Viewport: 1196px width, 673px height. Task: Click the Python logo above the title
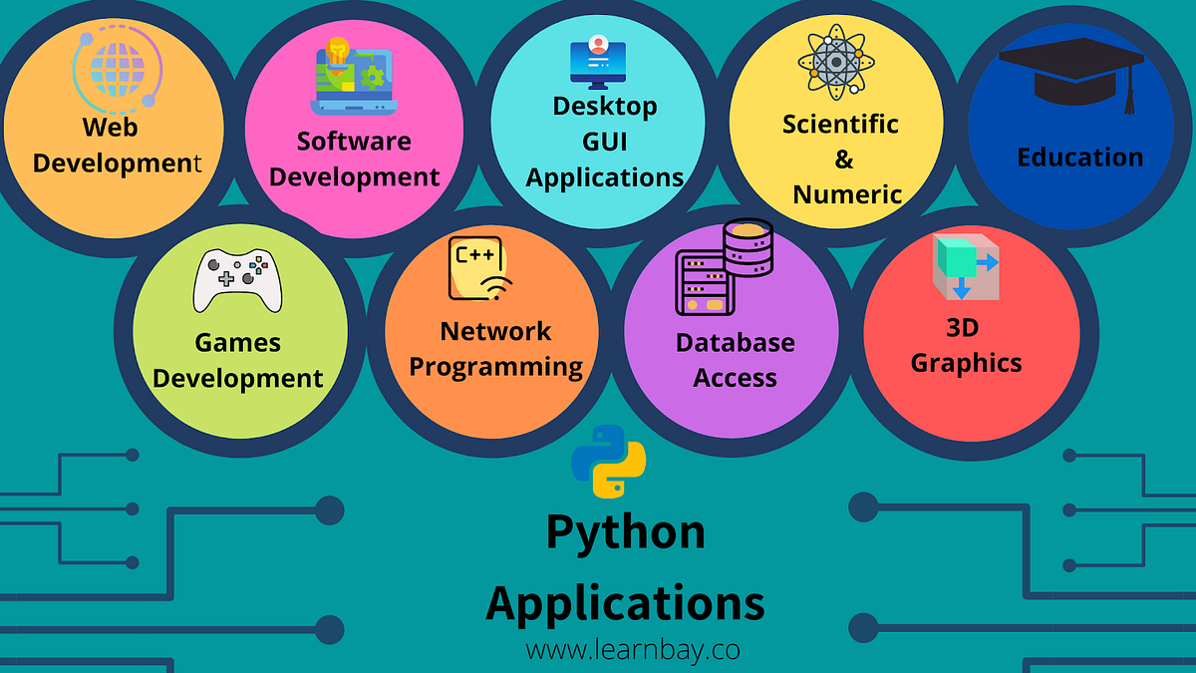pos(608,461)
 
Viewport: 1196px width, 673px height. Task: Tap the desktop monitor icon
pos(598,62)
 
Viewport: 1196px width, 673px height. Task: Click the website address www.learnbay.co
pos(633,650)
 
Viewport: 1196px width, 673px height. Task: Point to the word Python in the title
pos(625,531)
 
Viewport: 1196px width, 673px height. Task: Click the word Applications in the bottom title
pos(625,602)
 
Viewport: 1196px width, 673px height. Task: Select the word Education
pos(1080,157)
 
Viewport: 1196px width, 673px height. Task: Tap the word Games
pos(237,342)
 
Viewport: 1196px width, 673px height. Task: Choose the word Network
pos(495,330)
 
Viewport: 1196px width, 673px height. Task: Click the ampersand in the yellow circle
pos(843,159)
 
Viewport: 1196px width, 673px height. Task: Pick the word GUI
pos(605,141)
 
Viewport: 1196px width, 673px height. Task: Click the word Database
pos(736,342)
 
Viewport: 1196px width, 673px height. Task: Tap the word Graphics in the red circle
pos(966,362)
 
